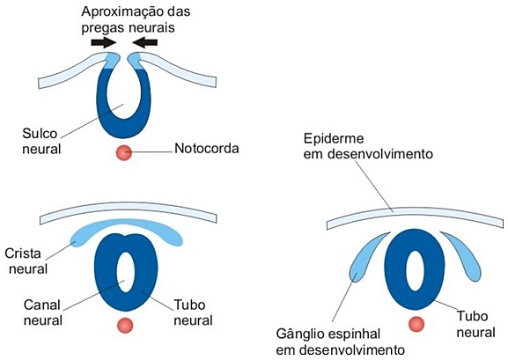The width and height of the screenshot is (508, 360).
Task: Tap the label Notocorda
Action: [207, 148]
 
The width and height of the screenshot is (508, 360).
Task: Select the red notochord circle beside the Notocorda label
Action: [124, 153]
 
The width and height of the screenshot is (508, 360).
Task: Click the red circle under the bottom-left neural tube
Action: [124, 325]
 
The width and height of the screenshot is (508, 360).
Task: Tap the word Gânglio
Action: [299, 335]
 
